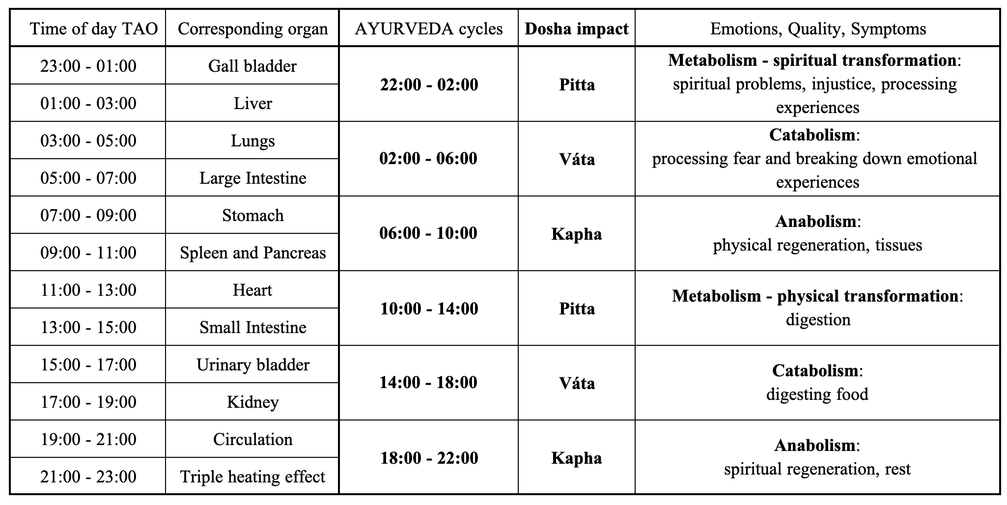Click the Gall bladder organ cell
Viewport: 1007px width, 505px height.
click(252, 65)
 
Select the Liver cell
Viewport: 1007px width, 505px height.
click(252, 103)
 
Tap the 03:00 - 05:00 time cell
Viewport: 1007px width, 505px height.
click(88, 140)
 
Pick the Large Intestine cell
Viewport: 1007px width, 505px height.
click(252, 177)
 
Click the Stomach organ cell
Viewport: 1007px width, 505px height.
click(252, 215)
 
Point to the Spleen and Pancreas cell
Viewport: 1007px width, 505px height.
click(252, 252)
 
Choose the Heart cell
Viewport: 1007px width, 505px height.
click(252, 289)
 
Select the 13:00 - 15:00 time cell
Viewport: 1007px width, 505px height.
click(88, 327)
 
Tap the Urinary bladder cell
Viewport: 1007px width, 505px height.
click(252, 364)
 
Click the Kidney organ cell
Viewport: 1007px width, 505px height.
click(252, 401)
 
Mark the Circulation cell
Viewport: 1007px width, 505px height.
click(252, 439)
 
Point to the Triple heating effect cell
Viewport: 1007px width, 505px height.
click(252, 476)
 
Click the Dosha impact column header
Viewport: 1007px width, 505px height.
click(577, 28)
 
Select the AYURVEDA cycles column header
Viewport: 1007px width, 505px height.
click(429, 28)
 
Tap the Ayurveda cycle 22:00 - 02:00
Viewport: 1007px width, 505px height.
click(429, 84)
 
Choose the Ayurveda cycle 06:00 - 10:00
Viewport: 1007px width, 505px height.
click(428, 232)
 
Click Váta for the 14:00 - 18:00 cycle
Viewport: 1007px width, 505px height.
click(577, 383)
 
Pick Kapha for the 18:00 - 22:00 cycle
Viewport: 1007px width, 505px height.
click(577, 458)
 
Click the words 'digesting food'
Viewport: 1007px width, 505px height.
click(817, 394)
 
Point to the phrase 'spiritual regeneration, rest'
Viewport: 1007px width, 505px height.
click(817, 469)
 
